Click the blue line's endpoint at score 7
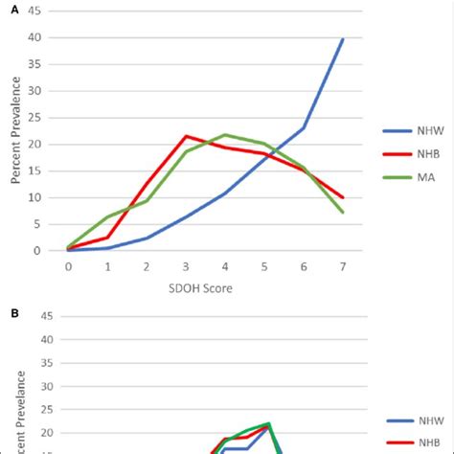[343, 39]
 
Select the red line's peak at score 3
[186, 136]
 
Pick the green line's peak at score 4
[225, 135]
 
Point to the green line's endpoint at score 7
[343, 213]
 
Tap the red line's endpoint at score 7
[343, 197]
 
